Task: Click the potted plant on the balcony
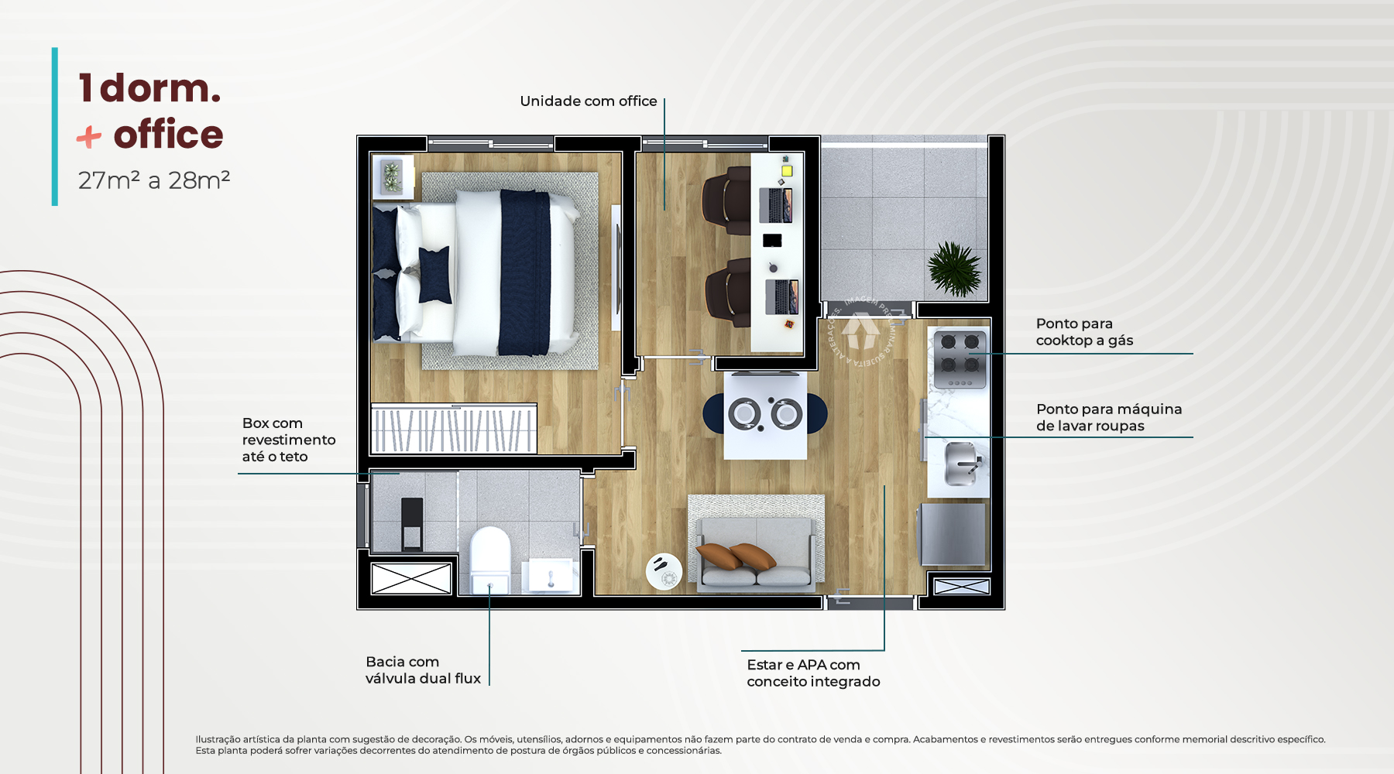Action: pos(954,269)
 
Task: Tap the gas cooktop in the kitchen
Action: pos(960,359)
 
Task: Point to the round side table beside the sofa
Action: pos(664,571)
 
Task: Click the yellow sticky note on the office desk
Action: pos(787,170)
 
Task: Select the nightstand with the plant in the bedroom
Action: pos(393,176)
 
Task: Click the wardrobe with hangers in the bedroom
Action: pos(454,428)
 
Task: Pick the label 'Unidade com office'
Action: pos(589,101)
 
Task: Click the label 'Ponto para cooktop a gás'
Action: pos(1084,332)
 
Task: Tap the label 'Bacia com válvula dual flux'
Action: pos(423,670)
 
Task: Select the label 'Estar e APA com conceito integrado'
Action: pos(813,673)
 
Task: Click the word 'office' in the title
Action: pos(168,135)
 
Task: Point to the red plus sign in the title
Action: pos(89,138)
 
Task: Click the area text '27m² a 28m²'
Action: pos(154,180)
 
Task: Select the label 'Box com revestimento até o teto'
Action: pos(288,440)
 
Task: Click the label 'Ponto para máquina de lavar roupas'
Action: pos(1109,417)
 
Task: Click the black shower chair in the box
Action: pos(412,524)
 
